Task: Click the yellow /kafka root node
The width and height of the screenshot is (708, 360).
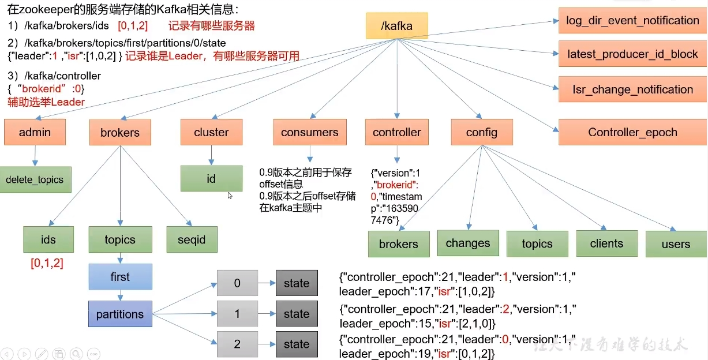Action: point(397,25)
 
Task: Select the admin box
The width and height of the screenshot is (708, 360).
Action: point(35,132)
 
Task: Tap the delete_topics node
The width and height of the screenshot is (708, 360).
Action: point(35,179)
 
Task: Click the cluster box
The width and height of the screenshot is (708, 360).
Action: point(211,132)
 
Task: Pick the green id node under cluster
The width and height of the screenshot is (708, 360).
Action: point(211,179)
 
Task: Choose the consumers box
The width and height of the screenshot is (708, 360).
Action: point(310,132)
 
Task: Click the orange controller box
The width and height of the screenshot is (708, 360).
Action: point(397,132)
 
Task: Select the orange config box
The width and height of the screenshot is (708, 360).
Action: point(482,132)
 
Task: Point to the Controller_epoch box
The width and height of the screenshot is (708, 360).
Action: point(633,132)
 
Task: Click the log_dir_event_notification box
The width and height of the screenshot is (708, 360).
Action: point(633,21)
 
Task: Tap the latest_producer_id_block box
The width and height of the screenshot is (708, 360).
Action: point(633,54)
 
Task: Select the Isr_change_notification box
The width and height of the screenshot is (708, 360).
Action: point(633,89)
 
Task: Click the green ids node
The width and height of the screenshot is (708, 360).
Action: point(48,239)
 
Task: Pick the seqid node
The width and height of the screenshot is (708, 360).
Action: point(192,239)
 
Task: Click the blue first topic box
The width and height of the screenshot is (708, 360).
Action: point(120,276)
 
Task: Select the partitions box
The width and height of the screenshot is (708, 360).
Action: point(120,314)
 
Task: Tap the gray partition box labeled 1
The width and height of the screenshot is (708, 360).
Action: point(237,313)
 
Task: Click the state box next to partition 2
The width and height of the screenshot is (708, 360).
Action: point(297,344)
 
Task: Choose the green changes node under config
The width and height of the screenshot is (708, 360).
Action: point(468,243)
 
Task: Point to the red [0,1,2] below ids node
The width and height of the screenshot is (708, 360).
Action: point(47,263)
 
